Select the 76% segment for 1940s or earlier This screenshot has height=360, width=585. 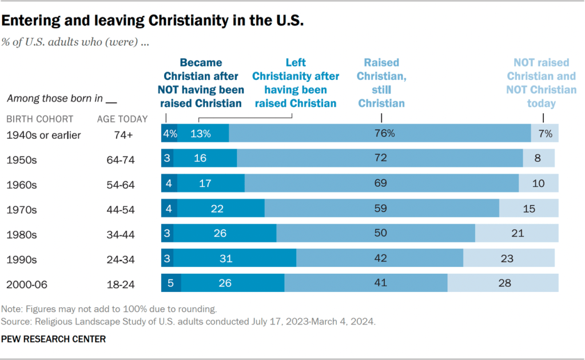pos(380,133)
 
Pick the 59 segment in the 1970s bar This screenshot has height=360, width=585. pos(381,208)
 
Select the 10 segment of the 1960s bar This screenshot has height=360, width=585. pos(538,183)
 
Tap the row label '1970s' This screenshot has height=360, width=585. pos(21,209)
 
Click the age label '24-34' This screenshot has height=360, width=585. pos(121,259)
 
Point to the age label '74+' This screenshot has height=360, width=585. pos(121,135)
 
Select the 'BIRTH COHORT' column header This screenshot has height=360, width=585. pos(39,119)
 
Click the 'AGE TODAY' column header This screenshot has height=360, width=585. pos(122,119)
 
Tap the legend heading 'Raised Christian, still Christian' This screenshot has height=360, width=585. pos(381,83)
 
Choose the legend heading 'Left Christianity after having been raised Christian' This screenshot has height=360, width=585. pos(296,83)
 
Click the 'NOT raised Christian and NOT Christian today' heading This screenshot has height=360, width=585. pos(541,83)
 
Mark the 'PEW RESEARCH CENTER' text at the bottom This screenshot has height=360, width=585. pos(53,339)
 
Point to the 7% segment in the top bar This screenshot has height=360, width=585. pos(544,133)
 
